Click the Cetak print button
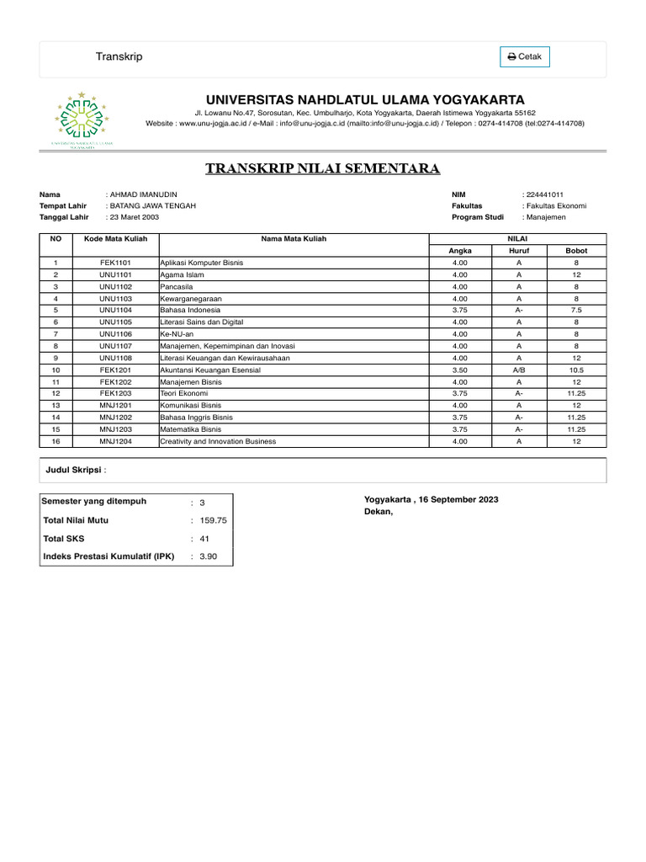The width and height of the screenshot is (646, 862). click(525, 57)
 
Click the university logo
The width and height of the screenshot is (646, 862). click(83, 120)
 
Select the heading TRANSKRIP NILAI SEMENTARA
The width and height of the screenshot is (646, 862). click(323, 169)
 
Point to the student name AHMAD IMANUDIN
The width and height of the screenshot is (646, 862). click(144, 194)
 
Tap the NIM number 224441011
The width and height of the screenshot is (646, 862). click(546, 194)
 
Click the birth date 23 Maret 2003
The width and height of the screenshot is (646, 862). click(135, 216)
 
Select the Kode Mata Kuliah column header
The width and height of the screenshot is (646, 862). click(116, 239)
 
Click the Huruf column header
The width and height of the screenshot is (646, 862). click(519, 251)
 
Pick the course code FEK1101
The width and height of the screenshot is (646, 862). click(116, 263)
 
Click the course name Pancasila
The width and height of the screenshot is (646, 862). click(177, 286)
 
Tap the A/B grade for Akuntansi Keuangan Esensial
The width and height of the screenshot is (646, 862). click(519, 370)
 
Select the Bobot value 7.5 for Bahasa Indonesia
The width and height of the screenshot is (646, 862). click(576, 310)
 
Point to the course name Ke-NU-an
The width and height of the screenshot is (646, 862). click(177, 334)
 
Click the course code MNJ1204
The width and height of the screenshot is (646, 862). click(116, 441)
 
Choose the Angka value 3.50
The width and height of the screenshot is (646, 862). click(460, 370)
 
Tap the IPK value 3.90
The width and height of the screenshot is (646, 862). click(208, 556)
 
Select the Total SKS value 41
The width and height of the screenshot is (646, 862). click(204, 539)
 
